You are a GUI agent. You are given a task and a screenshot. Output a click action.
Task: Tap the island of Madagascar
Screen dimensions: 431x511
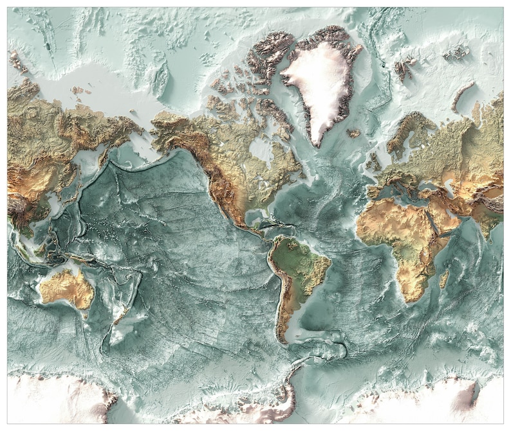(x=443, y=278)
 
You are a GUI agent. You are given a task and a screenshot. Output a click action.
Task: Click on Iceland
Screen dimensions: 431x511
(x=353, y=134)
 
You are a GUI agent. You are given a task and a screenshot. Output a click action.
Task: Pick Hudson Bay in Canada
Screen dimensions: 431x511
(x=261, y=152)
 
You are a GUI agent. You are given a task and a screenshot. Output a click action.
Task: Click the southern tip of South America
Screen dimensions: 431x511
(x=283, y=340)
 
